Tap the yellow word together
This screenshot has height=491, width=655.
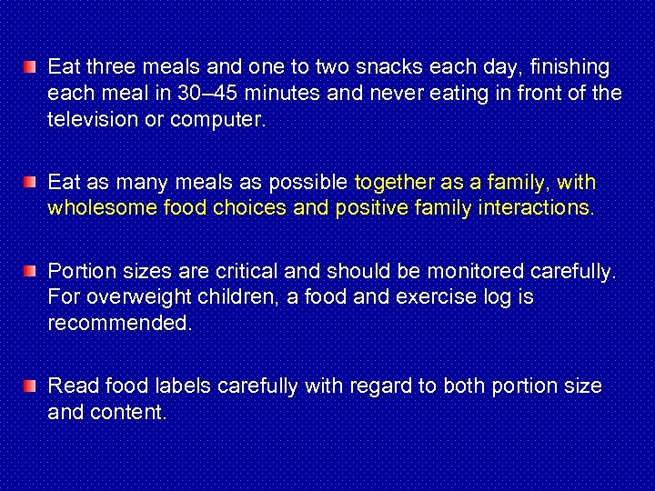tap(392, 183)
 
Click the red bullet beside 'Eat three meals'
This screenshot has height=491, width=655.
tap(31, 66)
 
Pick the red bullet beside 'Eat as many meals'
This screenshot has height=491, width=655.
tap(31, 182)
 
